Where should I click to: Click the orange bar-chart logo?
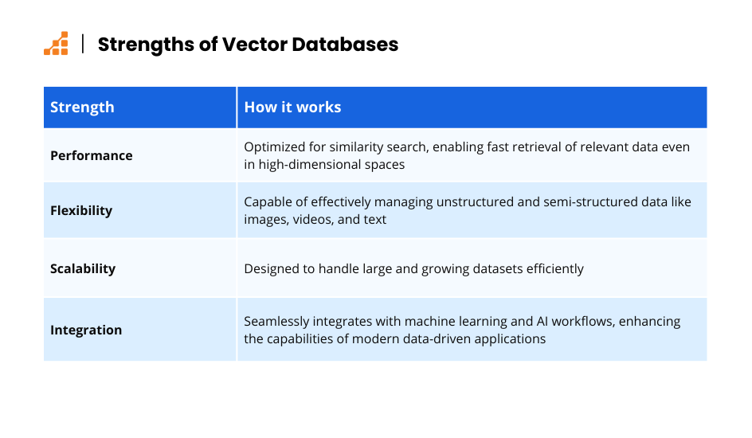tap(56, 44)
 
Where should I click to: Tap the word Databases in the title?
tap(345, 45)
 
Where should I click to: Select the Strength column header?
tap(83, 108)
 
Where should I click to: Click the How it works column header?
tap(292, 107)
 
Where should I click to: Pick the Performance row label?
tap(92, 156)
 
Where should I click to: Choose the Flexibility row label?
tap(81, 210)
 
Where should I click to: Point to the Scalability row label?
tap(83, 268)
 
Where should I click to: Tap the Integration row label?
tap(86, 330)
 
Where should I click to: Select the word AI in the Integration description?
tap(542, 321)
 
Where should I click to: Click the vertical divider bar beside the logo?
tap(83, 44)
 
